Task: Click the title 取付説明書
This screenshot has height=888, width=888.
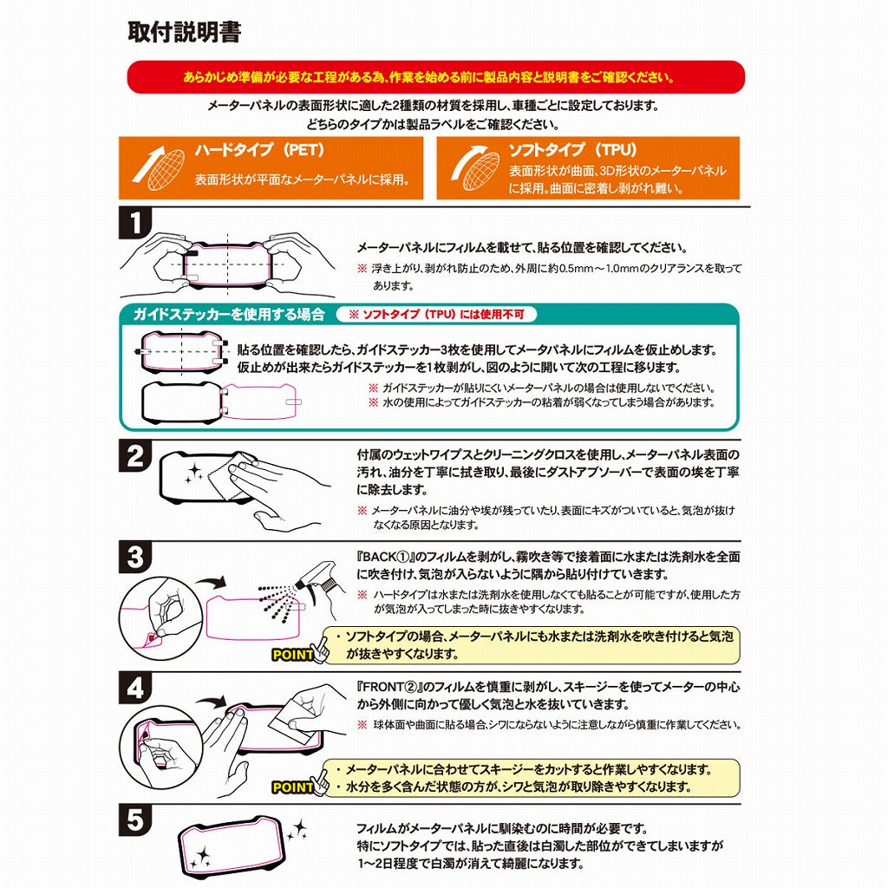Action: (x=184, y=32)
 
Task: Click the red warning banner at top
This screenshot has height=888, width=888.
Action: (x=435, y=77)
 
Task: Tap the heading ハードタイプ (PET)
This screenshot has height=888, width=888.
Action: (x=259, y=149)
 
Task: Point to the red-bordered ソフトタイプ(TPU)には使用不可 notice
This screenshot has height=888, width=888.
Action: (x=442, y=314)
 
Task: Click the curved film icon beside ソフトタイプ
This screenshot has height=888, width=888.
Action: (x=473, y=167)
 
